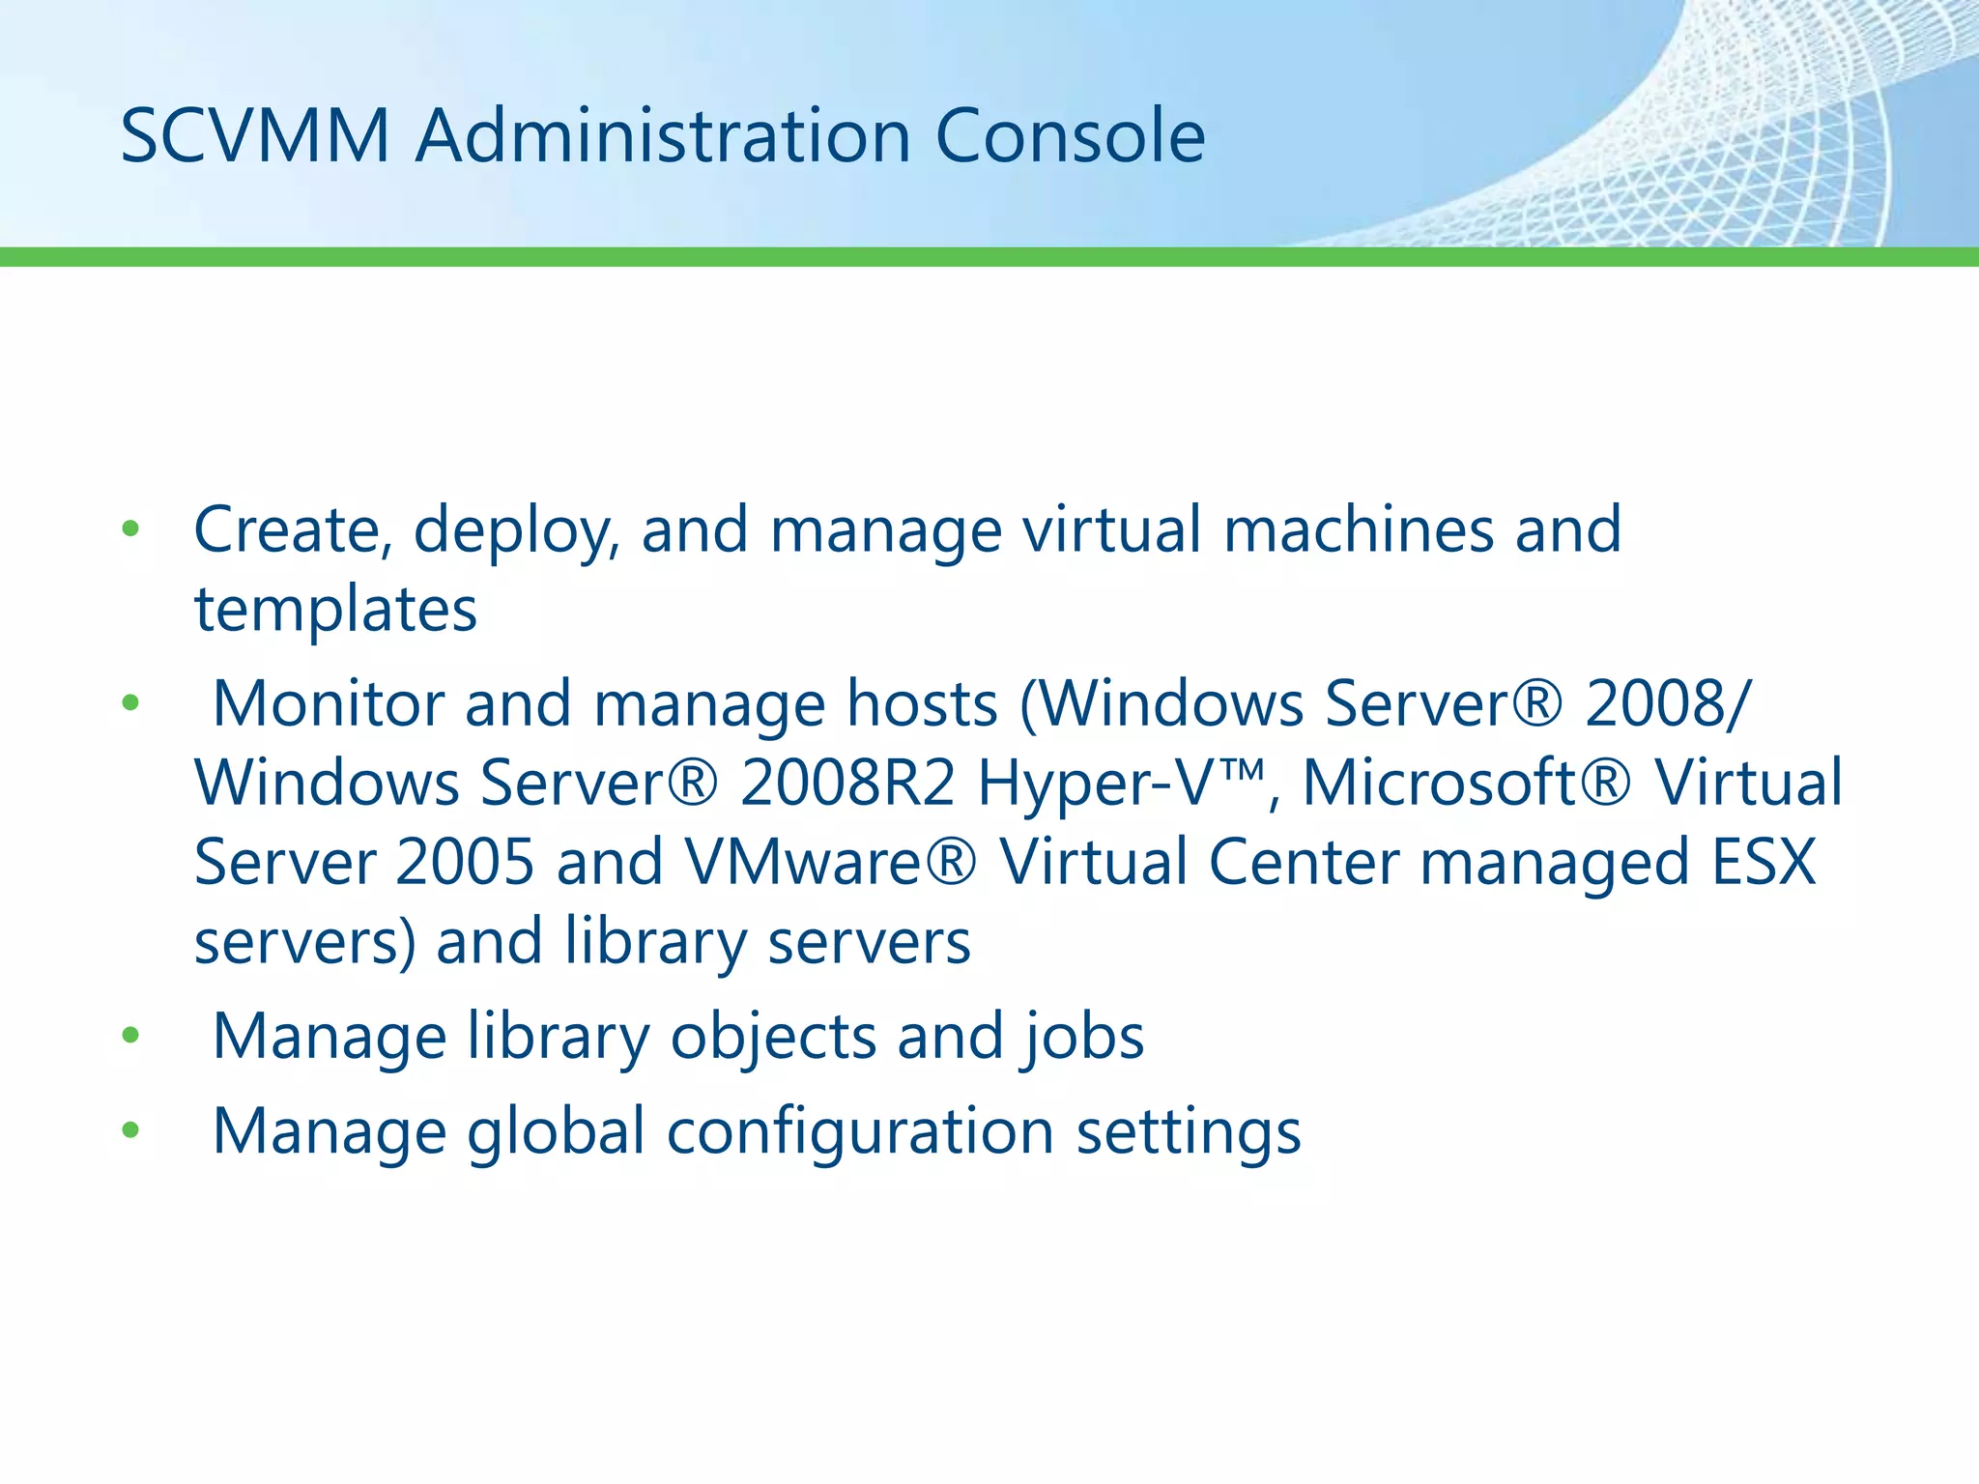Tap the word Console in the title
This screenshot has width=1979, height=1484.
(1070, 136)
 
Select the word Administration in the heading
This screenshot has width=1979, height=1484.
(663, 136)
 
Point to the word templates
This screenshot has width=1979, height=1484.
(335, 610)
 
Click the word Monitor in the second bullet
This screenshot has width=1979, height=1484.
(327, 703)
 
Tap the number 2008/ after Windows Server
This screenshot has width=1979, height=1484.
(1667, 703)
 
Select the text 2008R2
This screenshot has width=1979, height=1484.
(847, 783)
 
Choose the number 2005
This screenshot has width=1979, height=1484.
(465, 862)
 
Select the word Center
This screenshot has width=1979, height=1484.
(1304, 862)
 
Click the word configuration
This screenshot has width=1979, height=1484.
(860, 1132)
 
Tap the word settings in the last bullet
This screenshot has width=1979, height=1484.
(1189, 1132)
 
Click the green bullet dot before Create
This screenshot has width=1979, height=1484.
(131, 529)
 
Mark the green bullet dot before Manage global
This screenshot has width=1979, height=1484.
(131, 1129)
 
